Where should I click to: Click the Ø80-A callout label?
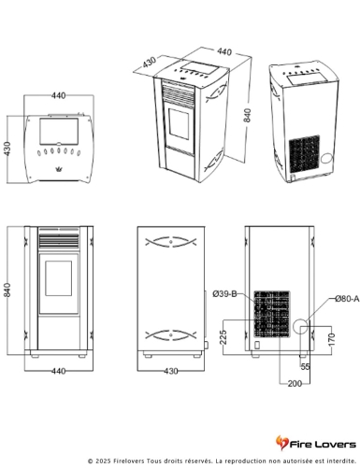tap(347, 299)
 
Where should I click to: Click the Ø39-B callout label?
tap(224, 293)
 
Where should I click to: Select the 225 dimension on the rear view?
tap(223, 337)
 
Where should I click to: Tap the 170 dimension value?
tap(332, 339)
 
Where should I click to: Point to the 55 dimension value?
tap(305, 367)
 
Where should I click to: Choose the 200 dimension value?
tap(295, 383)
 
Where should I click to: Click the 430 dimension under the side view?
tap(171, 371)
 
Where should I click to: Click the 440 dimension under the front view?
tap(58, 371)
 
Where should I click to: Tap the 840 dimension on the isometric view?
tap(247, 116)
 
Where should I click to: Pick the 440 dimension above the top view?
tap(59, 95)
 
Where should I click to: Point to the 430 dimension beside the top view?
tap(7, 149)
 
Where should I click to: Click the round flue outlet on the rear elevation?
tap(300, 326)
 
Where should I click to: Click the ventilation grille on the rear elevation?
tap(271, 315)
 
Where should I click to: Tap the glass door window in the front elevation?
tap(59, 278)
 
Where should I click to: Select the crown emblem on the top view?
tap(59, 169)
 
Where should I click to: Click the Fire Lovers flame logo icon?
tap(281, 443)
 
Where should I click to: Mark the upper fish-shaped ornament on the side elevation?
tap(171, 242)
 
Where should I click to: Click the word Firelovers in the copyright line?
tap(129, 461)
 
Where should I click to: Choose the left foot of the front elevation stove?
tap(35, 355)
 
